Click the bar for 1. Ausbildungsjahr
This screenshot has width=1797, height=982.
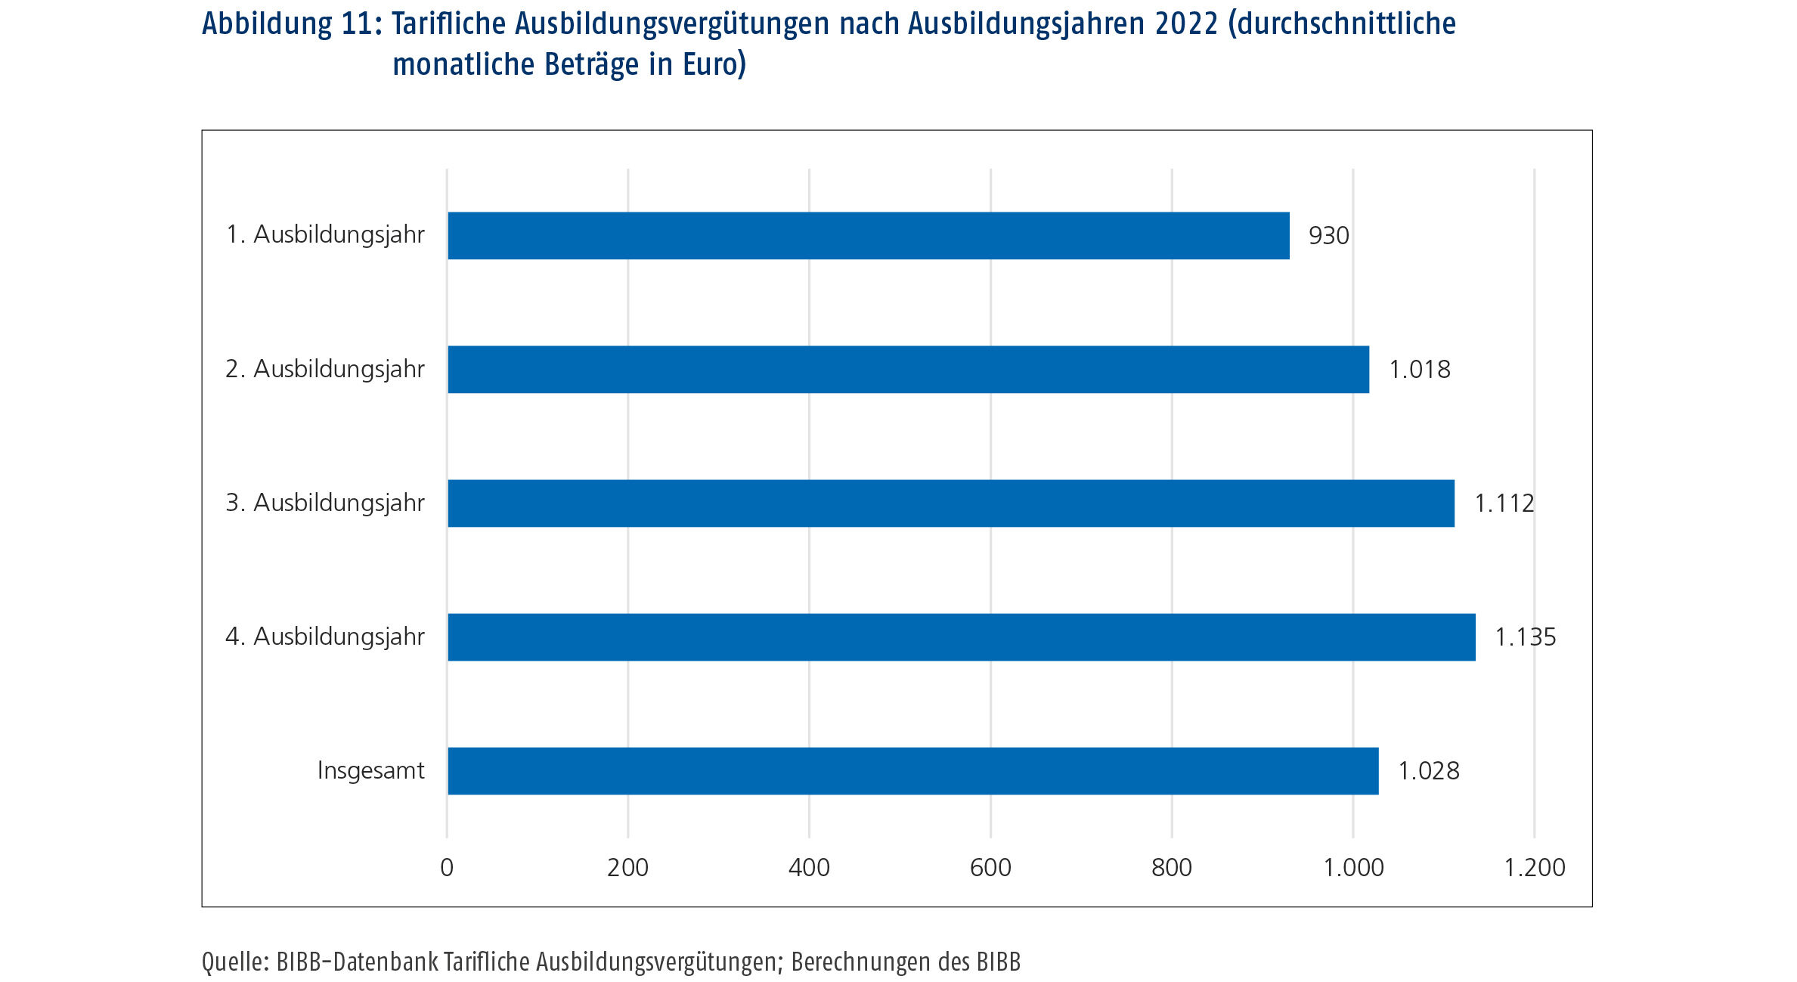pyautogui.click(x=868, y=235)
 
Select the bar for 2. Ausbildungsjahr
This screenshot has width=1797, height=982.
pyautogui.click(x=908, y=369)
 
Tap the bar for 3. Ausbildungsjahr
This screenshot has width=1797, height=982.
pyautogui.click(x=950, y=503)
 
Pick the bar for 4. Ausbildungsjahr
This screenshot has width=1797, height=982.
pyautogui.click(x=961, y=637)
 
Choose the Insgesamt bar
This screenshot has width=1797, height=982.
pyautogui.click(x=912, y=770)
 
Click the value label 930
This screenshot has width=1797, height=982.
pyautogui.click(x=1328, y=235)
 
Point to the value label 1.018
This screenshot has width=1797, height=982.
pyautogui.click(x=1419, y=369)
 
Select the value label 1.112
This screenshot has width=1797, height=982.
pyautogui.click(x=1504, y=503)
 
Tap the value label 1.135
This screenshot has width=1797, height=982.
pyautogui.click(x=1525, y=637)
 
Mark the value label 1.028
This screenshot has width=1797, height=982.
pyautogui.click(x=1428, y=770)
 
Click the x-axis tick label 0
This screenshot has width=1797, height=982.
pyautogui.click(x=447, y=867)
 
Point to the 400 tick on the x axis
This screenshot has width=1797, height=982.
pyautogui.click(x=809, y=867)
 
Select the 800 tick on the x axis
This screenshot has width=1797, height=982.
pyautogui.click(x=1171, y=867)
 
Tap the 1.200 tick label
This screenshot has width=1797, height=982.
pyautogui.click(x=1534, y=867)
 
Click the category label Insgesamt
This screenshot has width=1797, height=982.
pyautogui.click(x=370, y=770)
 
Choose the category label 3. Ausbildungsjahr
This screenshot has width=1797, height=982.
pyautogui.click(x=325, y=503)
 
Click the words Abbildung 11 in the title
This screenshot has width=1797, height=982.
pyautogui.click(x=291, y=24)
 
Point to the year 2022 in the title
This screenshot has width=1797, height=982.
pyautogui.click(x=1186, y=24)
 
